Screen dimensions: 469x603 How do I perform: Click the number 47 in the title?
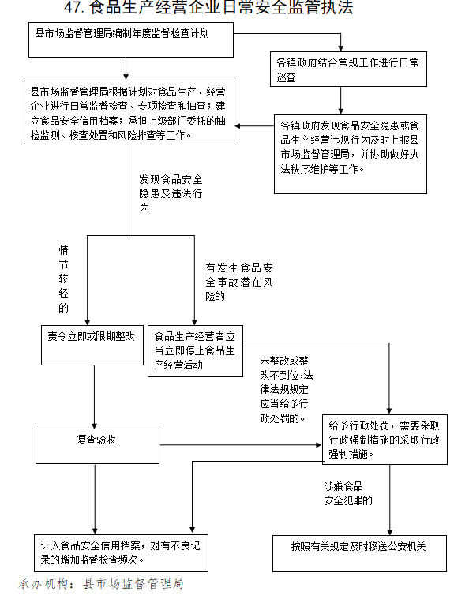(x=73, y=7)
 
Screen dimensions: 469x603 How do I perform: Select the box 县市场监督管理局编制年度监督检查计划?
(x=131, y=39)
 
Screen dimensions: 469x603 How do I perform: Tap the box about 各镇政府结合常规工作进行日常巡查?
(x=348, y=69)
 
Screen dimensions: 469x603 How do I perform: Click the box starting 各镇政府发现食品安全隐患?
(x=350, y=154)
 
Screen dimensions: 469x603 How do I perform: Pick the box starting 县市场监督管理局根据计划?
(x=129, y=112)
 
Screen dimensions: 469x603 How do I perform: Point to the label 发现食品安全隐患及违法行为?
(x=171, y=193)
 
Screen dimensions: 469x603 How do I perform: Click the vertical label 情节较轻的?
(x=63, y=279)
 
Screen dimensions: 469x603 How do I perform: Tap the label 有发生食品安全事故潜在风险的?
(x=239, y=282)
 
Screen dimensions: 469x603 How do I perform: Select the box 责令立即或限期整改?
(x=92, y=345)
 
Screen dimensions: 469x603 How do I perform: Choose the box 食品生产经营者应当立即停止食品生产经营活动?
(x=195, y=351)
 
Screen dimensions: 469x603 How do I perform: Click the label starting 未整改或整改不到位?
(x=287, y=389)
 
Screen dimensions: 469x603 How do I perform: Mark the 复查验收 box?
(x=97, y=446)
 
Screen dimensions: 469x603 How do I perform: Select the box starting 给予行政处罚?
(x=385, y=439)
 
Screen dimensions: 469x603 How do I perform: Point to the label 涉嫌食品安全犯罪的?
(x=348, y=493)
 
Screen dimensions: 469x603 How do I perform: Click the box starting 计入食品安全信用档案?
(x=121, y=553)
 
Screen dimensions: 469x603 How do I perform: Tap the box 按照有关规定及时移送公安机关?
(x=359, y=553)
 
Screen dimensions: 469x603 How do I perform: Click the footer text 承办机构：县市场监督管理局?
(x=101, y=584)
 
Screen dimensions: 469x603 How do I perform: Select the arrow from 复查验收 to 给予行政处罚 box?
(x=241, y=445)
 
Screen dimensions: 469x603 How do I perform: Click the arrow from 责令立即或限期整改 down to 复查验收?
(x=94, y=397)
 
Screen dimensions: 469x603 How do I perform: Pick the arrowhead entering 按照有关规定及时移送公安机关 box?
(x=390, y=532)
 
